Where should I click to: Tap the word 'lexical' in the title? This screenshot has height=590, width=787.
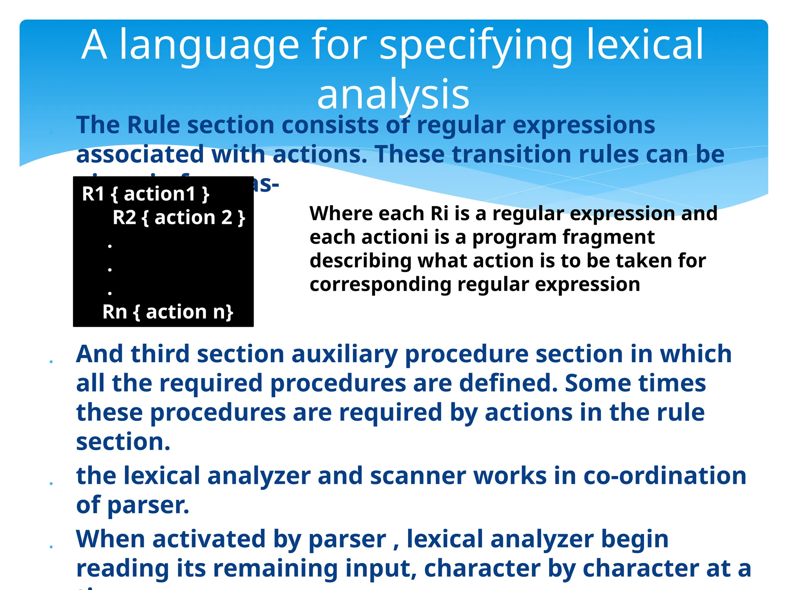click(644, 45)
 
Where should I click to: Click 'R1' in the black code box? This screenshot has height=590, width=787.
click(93, 194)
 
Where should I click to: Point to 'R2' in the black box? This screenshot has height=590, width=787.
click(125, 218)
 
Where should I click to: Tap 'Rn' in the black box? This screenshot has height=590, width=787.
click(115, 312)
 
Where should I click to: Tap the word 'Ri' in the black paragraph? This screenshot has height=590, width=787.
click(440, 214)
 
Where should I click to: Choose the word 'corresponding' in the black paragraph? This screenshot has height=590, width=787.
click(380, 285)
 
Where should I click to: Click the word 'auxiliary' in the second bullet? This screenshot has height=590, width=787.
click(344, 354)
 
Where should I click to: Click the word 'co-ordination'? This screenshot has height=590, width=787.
click(665, 476)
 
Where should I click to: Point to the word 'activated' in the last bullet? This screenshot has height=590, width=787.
click(209, 539)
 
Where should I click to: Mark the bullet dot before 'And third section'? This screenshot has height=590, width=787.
click(51, 362)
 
